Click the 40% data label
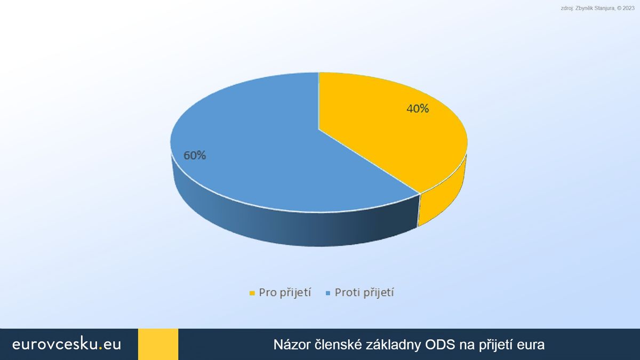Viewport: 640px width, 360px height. coord(418,109)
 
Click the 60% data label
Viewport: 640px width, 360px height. coord(195,155)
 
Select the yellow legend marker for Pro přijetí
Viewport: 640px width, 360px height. coord(252,293)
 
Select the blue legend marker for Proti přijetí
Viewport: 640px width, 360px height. coord(328,293)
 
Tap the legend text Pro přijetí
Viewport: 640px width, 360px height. coord(285,293)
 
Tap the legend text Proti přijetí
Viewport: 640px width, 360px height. coord(364,293)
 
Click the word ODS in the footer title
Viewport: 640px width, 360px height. coord(439,345)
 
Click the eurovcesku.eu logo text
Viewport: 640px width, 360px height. coord(67,344)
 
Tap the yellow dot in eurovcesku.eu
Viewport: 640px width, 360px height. coord(100,349)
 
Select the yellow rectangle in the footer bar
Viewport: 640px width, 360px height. coord(158,345)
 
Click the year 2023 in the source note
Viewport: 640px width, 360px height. coord(628,9)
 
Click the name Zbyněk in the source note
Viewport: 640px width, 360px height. coord(583,9)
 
